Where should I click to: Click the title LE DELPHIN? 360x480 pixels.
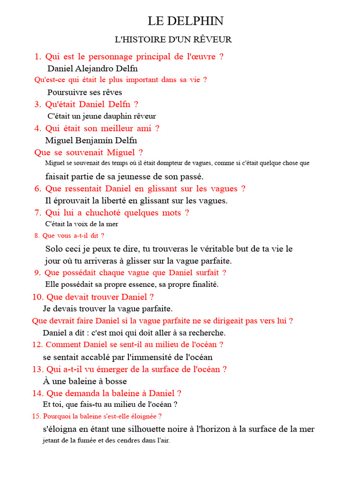(x=186, y=21)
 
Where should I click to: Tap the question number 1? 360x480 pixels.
(x=38, y=57)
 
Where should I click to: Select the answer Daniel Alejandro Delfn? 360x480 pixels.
(x=93, y=68)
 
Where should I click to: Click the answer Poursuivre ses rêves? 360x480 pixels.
(x=85, y=92)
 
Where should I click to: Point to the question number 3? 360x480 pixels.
(x=38, y=104)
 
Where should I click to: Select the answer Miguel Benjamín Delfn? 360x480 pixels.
(x=91, y=140)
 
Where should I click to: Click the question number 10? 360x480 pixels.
(x=37, y=297)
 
